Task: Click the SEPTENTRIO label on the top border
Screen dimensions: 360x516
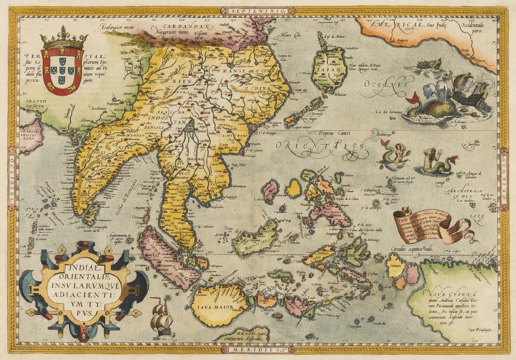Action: [x=258, y=10]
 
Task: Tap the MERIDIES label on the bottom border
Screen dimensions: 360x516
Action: [x=258, y=350]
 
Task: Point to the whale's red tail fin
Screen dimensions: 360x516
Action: [x=413, y=100]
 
